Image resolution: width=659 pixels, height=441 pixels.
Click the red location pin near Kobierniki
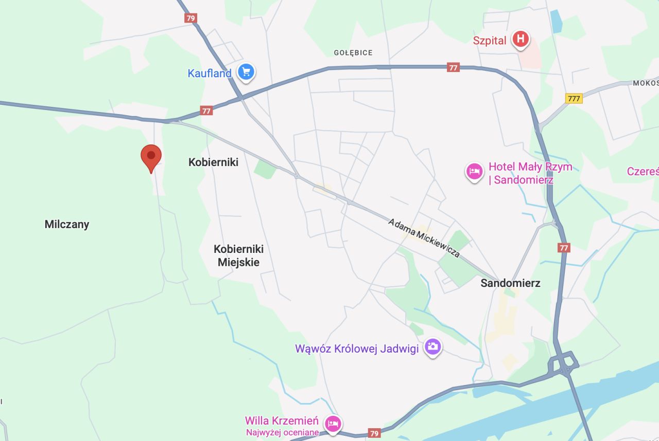151,156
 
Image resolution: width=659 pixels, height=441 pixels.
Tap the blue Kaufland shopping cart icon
246,72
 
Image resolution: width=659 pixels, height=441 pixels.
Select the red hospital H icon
521,39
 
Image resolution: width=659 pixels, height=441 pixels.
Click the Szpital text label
490,41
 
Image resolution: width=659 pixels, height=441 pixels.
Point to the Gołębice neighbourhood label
353,52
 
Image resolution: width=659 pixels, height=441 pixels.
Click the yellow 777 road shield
574,98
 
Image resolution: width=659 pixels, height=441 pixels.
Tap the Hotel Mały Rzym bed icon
474,171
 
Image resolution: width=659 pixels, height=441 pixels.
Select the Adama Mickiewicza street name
424,237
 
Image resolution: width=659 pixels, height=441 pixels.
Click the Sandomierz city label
510,283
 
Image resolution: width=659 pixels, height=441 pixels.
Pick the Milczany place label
67,224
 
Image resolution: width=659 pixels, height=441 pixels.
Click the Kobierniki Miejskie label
238,255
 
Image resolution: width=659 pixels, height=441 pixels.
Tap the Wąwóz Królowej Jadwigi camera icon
432,347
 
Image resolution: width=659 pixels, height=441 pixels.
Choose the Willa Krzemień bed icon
333,424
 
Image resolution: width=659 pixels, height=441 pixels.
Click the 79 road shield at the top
191,18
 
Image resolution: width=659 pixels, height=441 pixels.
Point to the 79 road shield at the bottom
374,433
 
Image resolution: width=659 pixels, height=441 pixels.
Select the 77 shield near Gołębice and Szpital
453,67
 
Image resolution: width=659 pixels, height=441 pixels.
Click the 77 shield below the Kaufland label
206,111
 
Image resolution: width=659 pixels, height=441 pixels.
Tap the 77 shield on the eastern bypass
564,248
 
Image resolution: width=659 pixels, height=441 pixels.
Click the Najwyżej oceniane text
282,432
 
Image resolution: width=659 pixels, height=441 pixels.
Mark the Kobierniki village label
213,162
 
